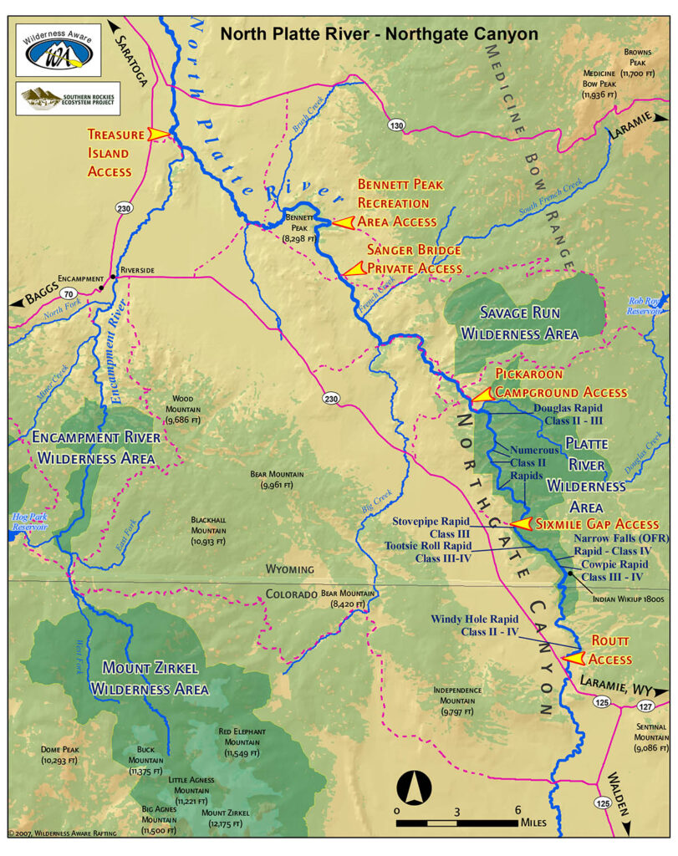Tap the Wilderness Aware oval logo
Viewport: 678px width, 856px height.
tap(58, 50)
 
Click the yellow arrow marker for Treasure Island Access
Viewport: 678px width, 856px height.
tap(159, 133)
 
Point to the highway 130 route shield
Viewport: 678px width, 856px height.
tap(395, 125)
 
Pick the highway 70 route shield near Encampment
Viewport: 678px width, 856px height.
tap(69, 293)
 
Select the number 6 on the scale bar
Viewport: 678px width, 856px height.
tap(518, 810)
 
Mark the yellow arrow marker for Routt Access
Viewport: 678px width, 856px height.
tap(573, 658)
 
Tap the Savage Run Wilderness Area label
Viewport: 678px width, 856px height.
tap(519, 323)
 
